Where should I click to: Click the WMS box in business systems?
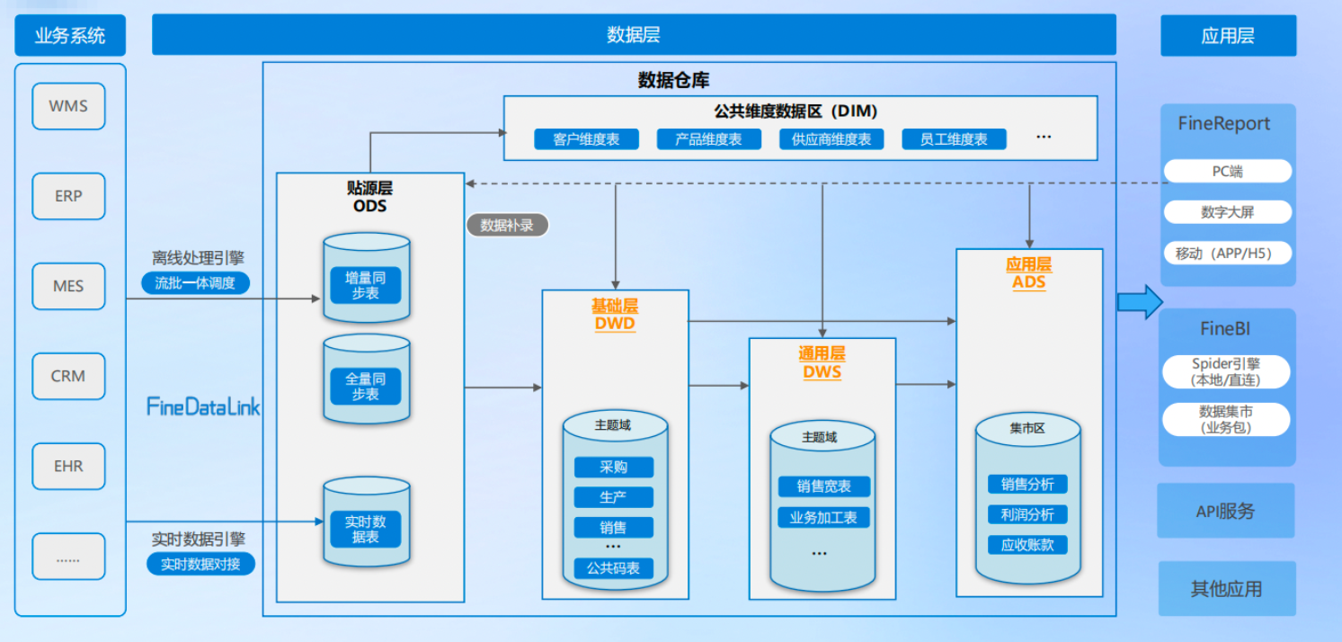point(68,106)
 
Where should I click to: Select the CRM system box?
point(68,376)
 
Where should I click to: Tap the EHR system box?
point(68,466)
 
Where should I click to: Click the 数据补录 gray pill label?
point(507,225)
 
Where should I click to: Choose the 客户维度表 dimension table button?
point(586,139)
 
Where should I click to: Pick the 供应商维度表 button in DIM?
point(831,139)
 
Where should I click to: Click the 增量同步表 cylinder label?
point(366,284)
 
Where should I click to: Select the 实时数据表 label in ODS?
point(366,529)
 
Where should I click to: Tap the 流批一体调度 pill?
point(196,282)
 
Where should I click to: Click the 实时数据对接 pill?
point(201,564)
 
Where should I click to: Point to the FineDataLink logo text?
point(203,406)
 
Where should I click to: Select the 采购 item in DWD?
point(614,468)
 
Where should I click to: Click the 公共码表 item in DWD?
point(614,567)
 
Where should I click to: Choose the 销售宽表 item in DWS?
point(823,486)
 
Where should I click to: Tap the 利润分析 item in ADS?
point(1027,514)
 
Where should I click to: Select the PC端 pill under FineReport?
point(1227,171)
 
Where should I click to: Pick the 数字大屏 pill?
point(1227,212)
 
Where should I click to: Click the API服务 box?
point(1225,511)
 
